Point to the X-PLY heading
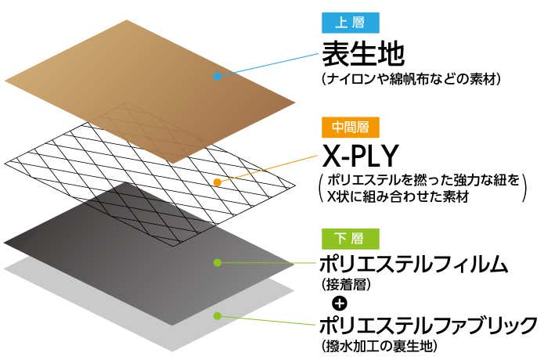362,153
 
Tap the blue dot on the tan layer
217,77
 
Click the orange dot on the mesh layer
218,182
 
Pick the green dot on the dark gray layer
218,262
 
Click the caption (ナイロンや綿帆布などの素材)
410,79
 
